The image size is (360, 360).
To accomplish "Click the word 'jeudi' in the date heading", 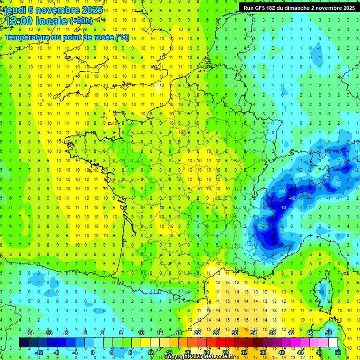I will (15, 9).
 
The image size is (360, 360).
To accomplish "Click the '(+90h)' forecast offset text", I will (81, 21).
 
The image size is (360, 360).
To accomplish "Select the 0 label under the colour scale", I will (93, 352).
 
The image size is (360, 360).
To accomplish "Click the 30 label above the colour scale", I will (235, 333).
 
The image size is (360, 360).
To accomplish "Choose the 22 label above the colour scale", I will (197, 333).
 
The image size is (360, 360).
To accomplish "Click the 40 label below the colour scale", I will (282, 352).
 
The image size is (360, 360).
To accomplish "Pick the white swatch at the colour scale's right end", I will (333, 343).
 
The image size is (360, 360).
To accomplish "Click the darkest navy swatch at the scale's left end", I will (23, 343).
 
